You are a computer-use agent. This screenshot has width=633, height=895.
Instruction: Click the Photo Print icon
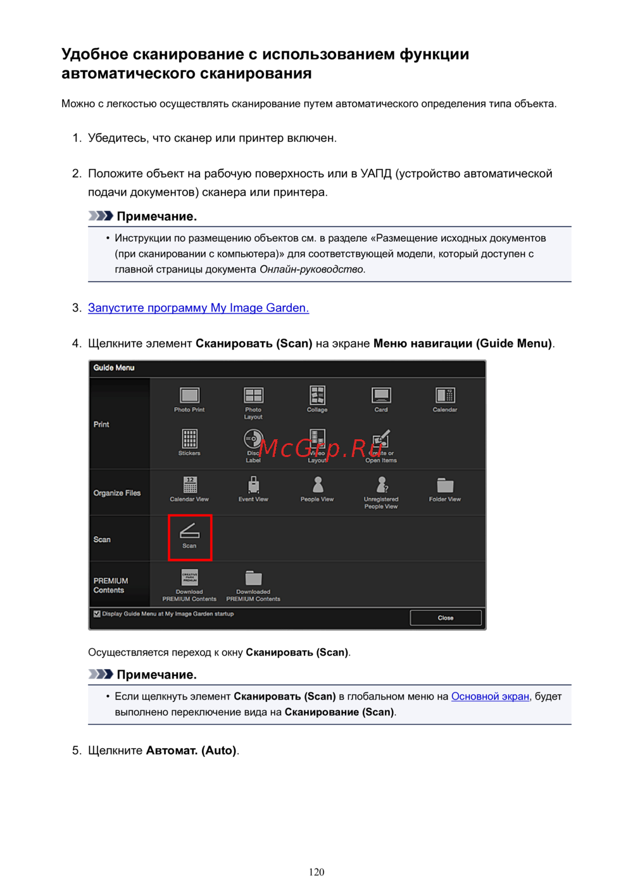[x=189, y=396]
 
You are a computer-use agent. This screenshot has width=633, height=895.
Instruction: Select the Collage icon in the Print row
[x=317, y=396]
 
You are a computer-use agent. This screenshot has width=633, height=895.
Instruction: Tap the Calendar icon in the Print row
[x=445, y=396]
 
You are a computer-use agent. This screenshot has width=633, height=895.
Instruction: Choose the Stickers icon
[x=189, y=439]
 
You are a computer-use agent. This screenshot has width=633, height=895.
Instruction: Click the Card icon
[x=381, y=396]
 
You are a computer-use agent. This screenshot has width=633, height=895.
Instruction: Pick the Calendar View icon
[x=189, y=485]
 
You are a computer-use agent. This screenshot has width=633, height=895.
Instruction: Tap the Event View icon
[x=253, y=485]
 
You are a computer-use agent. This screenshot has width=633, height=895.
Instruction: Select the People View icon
[x=317, y=485]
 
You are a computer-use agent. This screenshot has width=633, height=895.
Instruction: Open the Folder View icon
[x=445, y=485]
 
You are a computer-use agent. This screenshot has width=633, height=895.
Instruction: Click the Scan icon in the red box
[x=189, y=532]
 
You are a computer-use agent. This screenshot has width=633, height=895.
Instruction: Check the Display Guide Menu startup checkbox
[x=97, y=614]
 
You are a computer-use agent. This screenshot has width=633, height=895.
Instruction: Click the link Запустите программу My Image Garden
[x=198, y=308]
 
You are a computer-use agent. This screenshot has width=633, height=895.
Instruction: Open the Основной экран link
[x=490, y=696]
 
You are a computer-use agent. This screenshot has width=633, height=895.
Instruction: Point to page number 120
[x=316, y=872]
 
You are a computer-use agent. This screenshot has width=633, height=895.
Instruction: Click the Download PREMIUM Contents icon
[x=189, y=577]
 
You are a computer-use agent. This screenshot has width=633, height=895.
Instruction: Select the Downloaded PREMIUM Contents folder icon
[x=253, y=577]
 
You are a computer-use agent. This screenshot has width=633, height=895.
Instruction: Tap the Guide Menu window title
[x=114, y=368]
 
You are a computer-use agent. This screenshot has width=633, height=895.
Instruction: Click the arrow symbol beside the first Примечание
[x=101, y=216]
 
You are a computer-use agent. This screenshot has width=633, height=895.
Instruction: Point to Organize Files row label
[x=117, y=493]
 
